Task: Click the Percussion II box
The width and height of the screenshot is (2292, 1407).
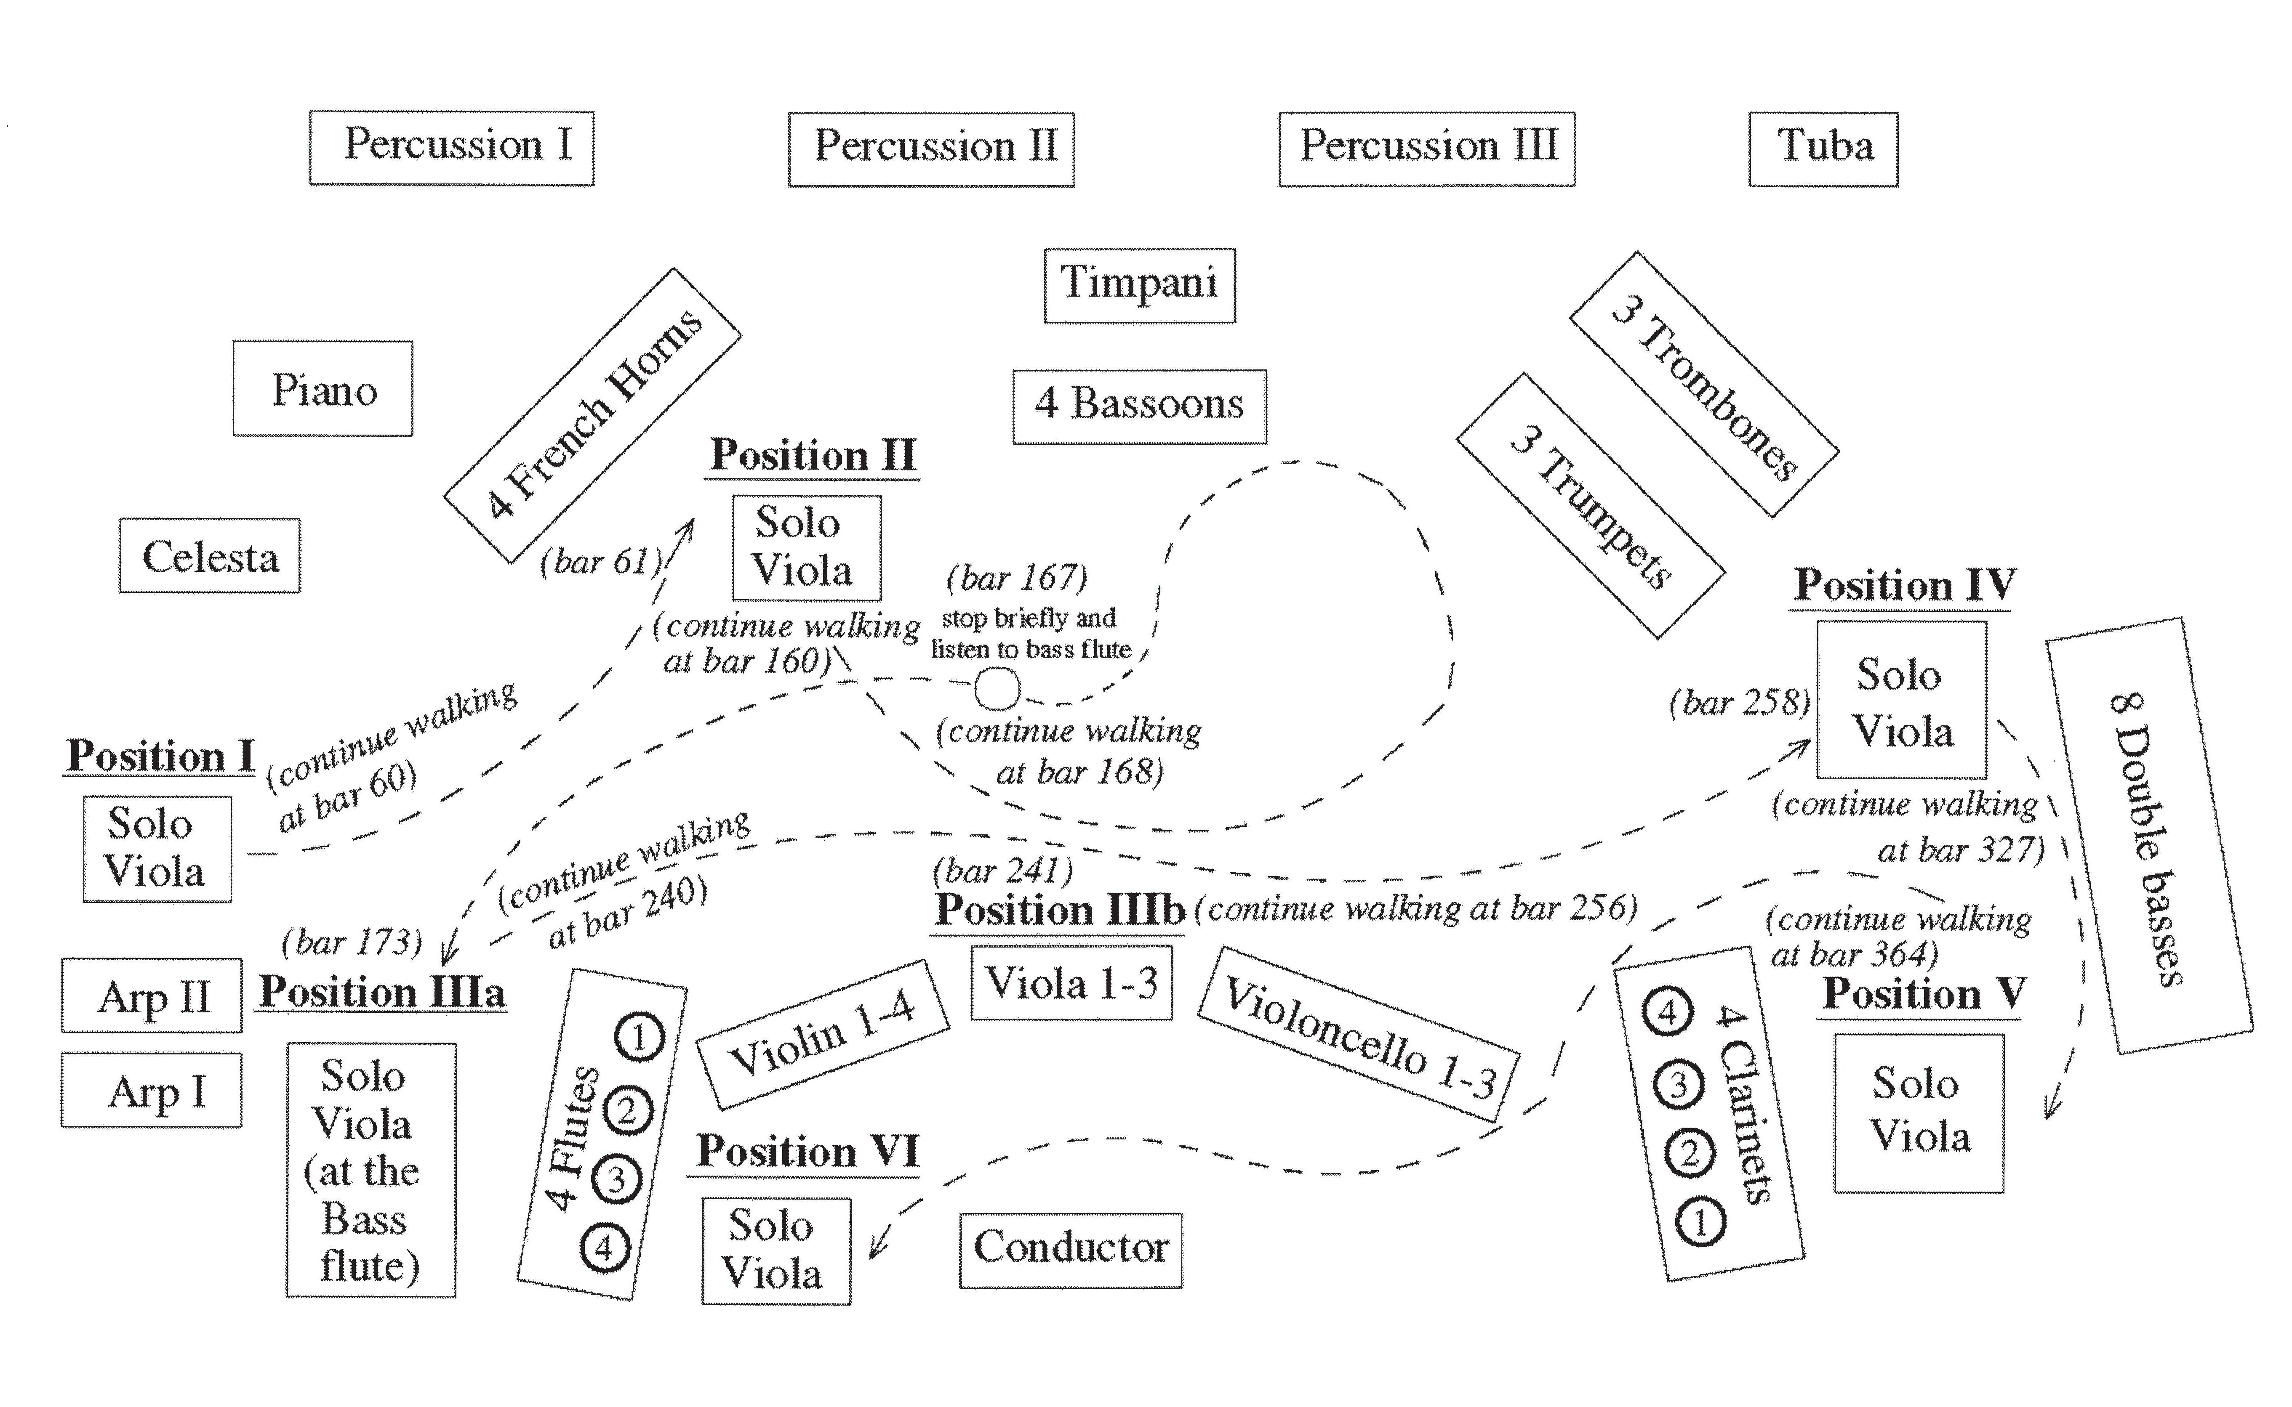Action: point(931,149)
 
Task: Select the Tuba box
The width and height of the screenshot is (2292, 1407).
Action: point(1823,149)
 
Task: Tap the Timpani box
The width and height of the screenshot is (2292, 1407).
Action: point(1140,285)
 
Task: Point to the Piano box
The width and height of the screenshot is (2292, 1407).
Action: point(323,388)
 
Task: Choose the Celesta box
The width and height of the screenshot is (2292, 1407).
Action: point(210,555)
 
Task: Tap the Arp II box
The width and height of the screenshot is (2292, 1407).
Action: point(152,996)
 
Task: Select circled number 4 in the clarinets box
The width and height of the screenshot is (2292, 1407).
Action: point(1667,1011)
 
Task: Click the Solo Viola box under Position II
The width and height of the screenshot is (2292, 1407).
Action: point(806,547)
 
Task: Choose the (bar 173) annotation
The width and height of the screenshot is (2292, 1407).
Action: point(352,942)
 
